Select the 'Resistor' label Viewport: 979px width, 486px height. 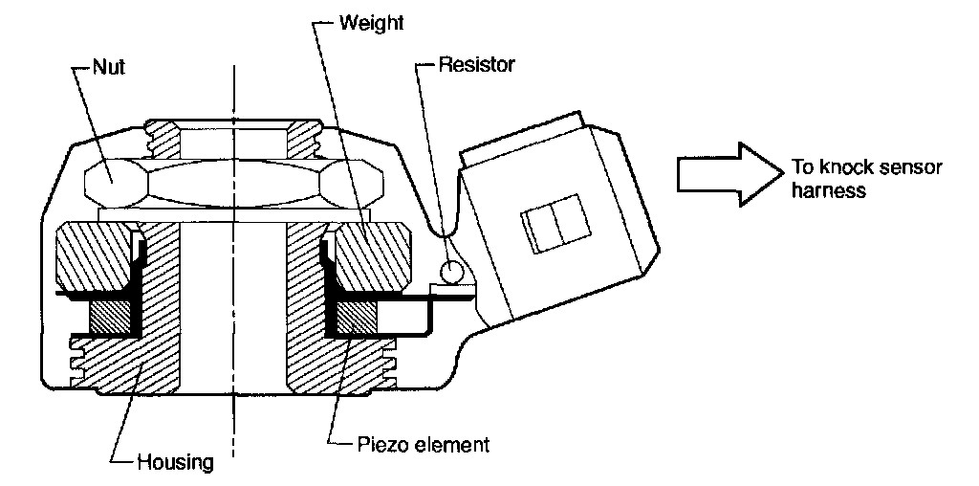pos(476,66)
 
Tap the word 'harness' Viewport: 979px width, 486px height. pos(828,190)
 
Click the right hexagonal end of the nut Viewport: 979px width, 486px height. pos(354,179)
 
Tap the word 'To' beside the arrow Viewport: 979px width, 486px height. pos(801,167)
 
